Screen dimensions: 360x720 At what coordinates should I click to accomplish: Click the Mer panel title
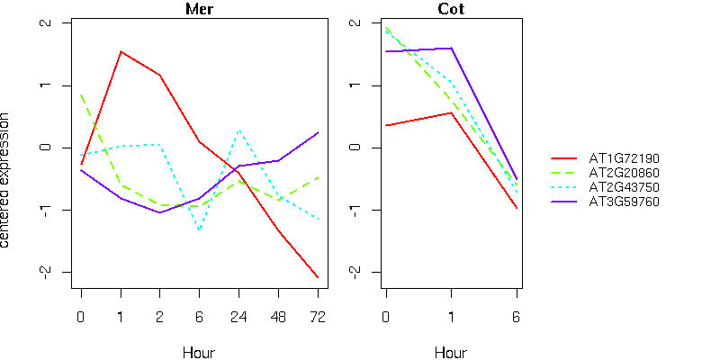tap(199, 10)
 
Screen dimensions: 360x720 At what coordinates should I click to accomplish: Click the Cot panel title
tap(451, 10)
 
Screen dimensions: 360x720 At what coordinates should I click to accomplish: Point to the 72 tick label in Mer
tap(317, 316)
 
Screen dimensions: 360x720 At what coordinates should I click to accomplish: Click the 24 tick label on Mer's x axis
tap(238, 316)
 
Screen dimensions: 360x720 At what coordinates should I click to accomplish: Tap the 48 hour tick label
tap(278, 316)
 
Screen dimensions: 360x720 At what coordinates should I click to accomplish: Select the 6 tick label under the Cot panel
tap(517, 316)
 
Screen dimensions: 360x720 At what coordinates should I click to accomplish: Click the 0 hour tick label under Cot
tap(385, 316)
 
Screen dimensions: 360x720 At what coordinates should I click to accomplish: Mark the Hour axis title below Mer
tap(199, 352)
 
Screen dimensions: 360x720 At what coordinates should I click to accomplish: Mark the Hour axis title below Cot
tap(451, 352)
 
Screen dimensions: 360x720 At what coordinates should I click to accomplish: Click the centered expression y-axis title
tap(8, 180)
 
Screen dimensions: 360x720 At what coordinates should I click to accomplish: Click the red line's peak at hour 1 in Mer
tap(121, 51)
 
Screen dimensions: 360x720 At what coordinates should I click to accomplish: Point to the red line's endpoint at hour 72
tap(317, 276)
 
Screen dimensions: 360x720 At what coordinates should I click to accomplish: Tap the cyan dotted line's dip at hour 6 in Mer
tap(199, 229)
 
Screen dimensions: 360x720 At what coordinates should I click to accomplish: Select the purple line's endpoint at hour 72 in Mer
tap(317, 133)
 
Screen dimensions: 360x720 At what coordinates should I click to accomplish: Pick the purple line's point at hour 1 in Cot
tap(451, 49)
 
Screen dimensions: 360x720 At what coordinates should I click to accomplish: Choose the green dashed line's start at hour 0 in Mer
tap(81, 94)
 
